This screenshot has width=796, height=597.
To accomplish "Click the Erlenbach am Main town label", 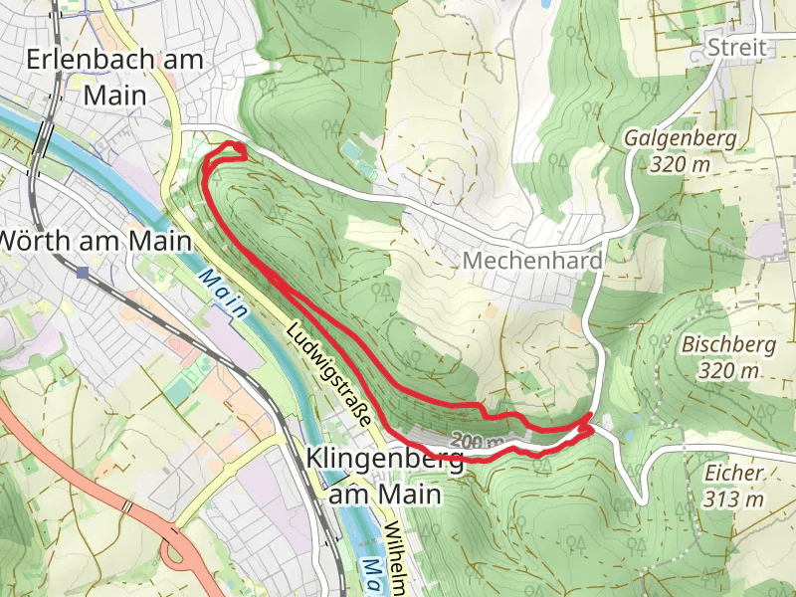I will click(x=114, y=77).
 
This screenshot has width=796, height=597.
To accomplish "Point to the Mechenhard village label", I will click(x=532, y=261).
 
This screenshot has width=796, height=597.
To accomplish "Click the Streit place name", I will click(x=735, y=47).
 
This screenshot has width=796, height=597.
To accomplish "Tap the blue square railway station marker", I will click(x=82, y=271).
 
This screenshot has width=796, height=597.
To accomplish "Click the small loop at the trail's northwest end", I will click(x=234, y=150).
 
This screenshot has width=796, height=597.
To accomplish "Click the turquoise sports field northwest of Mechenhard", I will click(x=351, y=150).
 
